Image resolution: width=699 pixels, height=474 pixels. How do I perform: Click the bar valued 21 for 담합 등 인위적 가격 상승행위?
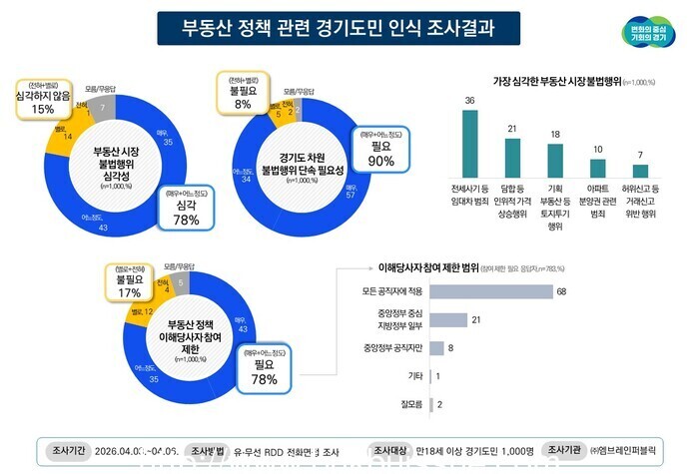click(512, 157)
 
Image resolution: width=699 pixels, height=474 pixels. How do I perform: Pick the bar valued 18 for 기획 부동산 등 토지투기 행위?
click(555, 160)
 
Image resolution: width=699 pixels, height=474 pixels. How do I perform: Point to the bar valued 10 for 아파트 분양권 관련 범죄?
click(598, 167)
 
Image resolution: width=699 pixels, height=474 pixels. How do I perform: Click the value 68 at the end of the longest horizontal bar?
click(562, 291)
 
